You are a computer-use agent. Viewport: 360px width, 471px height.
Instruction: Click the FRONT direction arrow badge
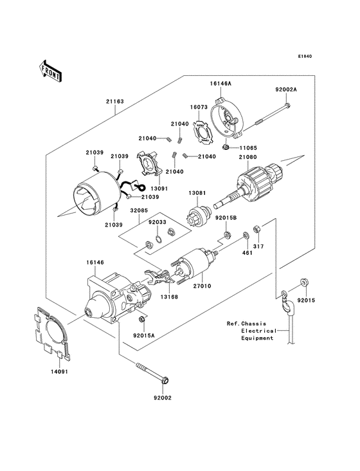pyautogui.click(x=50, y=71)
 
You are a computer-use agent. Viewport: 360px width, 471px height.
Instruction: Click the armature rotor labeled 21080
pyautogui.click(x=256, y=183)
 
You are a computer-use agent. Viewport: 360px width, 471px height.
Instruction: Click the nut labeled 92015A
pyautogui.click(x=141, y=319)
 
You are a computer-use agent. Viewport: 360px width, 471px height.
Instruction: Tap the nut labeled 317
pyautogui.click(x=256, y=229)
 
